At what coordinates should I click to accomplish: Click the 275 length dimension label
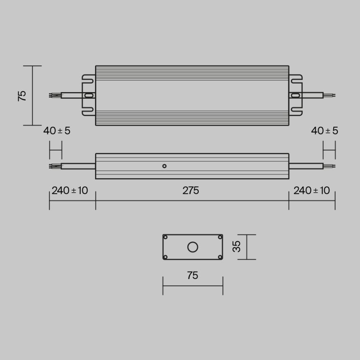(191, 190)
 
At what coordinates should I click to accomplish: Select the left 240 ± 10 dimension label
(70, 190)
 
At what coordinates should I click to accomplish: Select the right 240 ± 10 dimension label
(311, 190)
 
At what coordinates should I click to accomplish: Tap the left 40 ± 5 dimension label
(57, 131)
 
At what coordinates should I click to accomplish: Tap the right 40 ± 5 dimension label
(325, 131)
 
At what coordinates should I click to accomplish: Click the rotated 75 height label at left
(22, 95)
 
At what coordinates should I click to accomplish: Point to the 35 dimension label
(236, 247)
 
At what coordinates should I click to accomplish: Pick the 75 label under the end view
(192, 275)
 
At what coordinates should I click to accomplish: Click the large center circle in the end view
(193, 247)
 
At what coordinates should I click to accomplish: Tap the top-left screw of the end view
(165, 237)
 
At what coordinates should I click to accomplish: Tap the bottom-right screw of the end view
(220, 257)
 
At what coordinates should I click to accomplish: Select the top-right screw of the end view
(220, 237)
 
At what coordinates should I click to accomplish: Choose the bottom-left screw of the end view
(165, 257)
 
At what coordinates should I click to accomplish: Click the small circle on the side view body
(164, 166)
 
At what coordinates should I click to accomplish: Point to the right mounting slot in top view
(295, 95)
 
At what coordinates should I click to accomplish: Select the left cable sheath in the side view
(78, 166)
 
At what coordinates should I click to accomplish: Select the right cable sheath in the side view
(306, 166)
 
